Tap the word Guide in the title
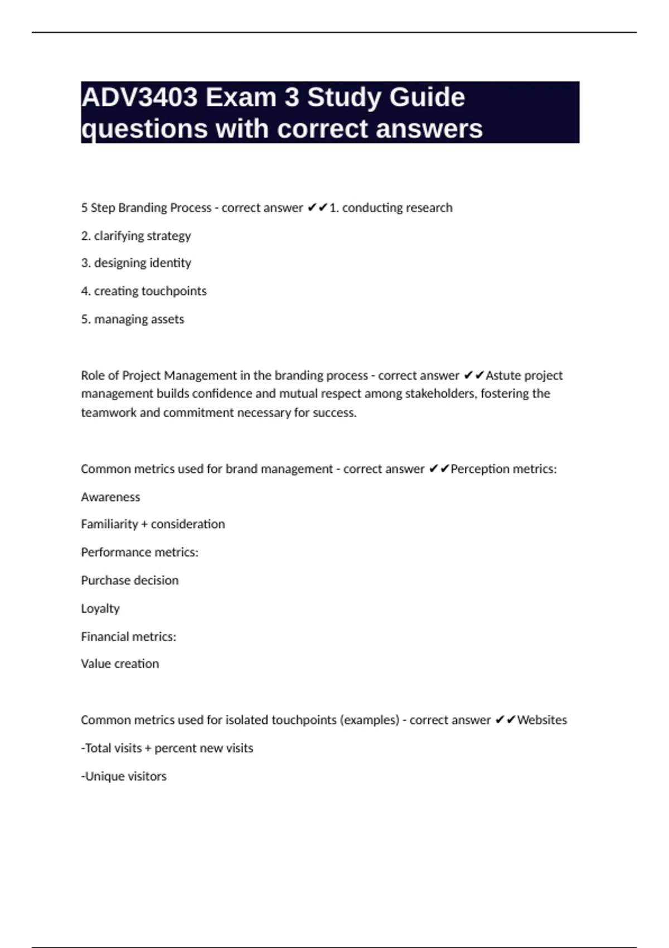[426, 98]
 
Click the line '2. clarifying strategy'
[135, 236]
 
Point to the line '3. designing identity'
[135, 263]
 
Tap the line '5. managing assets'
[132, 320]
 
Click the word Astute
[503, 375]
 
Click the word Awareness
[110, 497]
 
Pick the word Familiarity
[109, 524]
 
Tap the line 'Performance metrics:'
[139, 552]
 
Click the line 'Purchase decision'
[129, 581]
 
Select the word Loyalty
[100, 608]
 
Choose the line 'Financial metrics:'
[128, 636]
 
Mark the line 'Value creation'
[120, 664]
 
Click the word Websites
[542, 720]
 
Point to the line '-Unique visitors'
[124, 776]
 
